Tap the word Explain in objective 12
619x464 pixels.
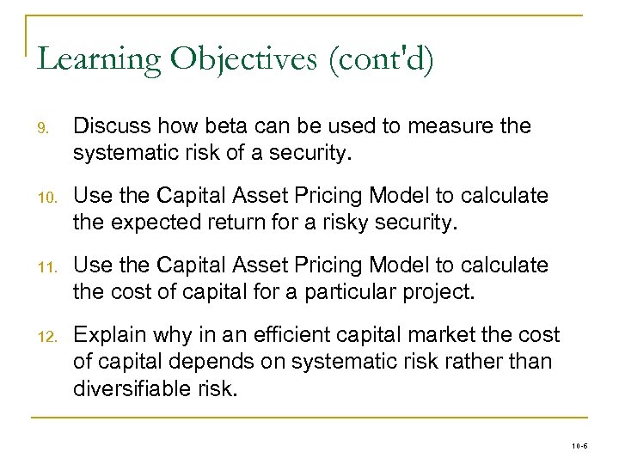pos(107,334)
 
